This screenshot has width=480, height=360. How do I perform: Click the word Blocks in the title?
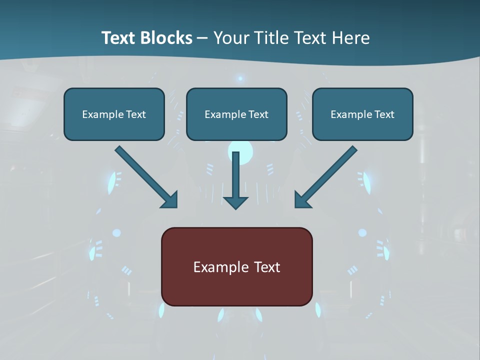pos(166,38)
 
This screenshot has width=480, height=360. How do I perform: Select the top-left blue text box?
pos(114,114)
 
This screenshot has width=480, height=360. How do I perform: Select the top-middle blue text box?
pos(236,114)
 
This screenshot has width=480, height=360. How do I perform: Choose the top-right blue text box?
pos(362,114)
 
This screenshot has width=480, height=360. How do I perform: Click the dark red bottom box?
pos(236,266)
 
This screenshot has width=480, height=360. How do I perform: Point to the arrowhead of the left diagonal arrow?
pos(170,200)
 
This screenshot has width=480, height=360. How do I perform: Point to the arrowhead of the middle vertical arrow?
pos(235,203)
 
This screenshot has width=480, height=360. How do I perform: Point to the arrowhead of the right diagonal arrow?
pos(301,200)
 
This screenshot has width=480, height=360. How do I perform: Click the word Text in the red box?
pos(267,267)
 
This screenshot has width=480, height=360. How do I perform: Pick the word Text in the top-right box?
pos(384,114)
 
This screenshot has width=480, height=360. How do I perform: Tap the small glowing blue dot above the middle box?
pos(240,78)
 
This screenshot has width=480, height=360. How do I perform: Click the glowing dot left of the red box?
pos(116,232)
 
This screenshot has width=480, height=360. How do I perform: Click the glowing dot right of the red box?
pos(362,232)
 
